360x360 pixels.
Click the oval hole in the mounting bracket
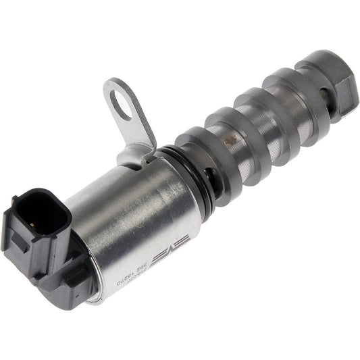pos(122,107)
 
